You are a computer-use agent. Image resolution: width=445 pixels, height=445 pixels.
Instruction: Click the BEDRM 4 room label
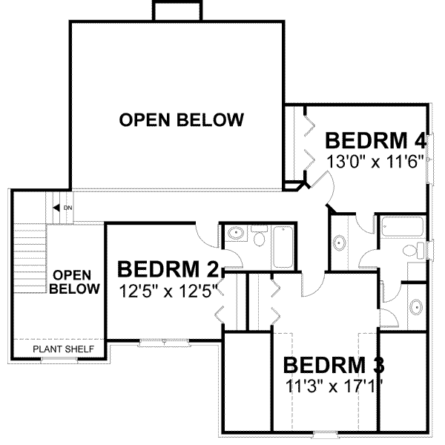(375, 140)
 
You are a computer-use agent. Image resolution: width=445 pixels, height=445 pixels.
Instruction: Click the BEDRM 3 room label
(334, 366)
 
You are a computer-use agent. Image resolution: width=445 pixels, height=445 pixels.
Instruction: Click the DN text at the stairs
(67, 208)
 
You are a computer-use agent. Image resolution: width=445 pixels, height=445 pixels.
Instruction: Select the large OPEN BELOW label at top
(182, 119)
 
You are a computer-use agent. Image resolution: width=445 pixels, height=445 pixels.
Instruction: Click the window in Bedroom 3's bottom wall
(323, 432)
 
